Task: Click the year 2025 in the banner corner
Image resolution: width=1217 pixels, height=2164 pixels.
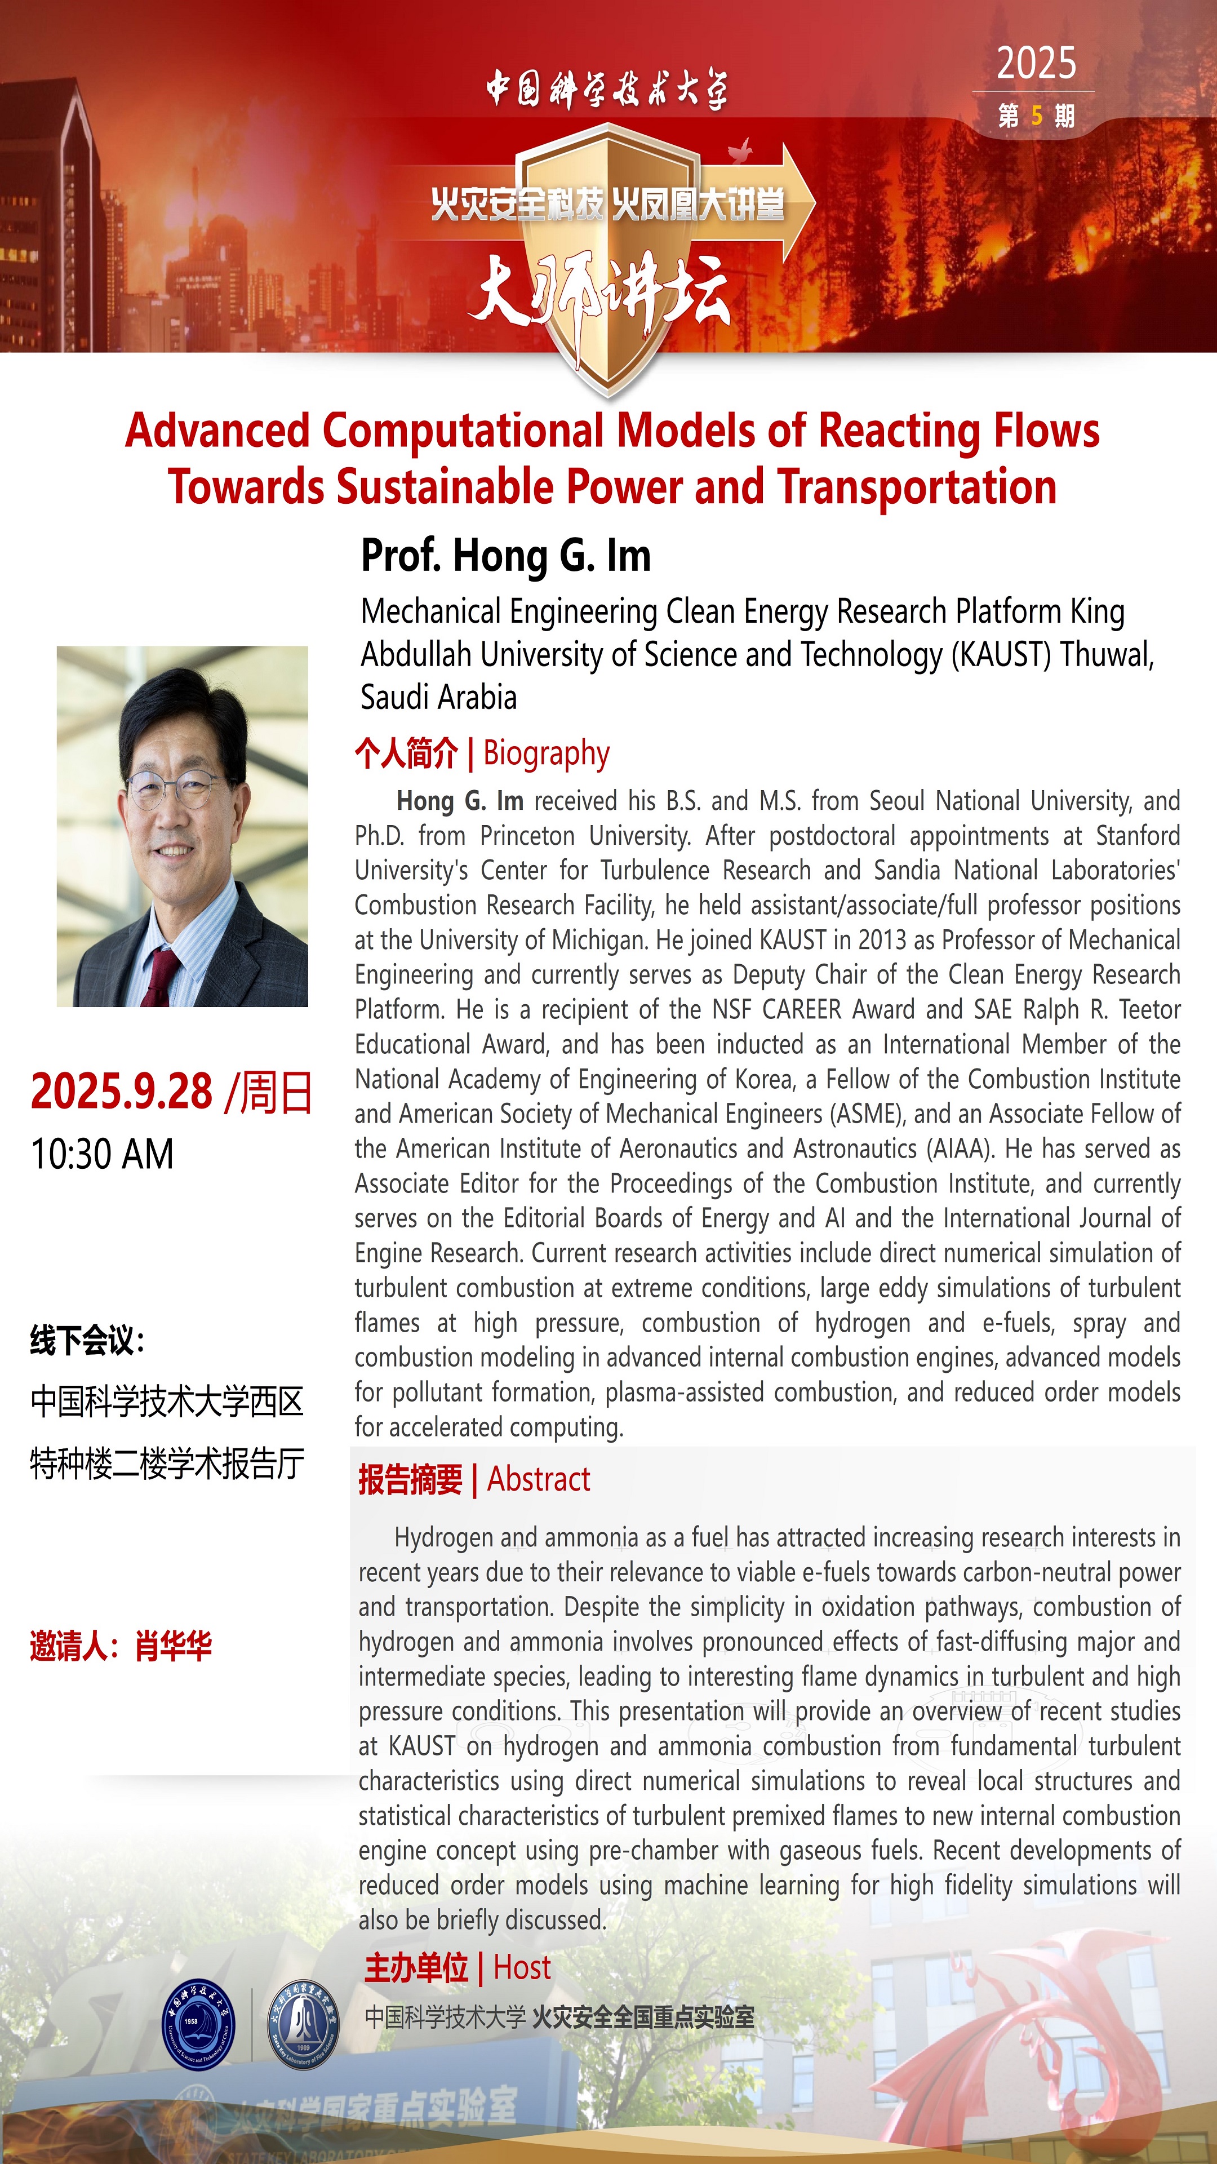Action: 1036,64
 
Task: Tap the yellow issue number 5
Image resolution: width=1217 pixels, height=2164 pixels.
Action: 1037,116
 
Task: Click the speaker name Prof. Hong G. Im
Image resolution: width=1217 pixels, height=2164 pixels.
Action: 505,556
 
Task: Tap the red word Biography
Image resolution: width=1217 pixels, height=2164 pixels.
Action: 546,753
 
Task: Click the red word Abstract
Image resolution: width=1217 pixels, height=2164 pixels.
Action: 539,1479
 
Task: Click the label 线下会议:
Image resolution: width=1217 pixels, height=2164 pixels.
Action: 87,1341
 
